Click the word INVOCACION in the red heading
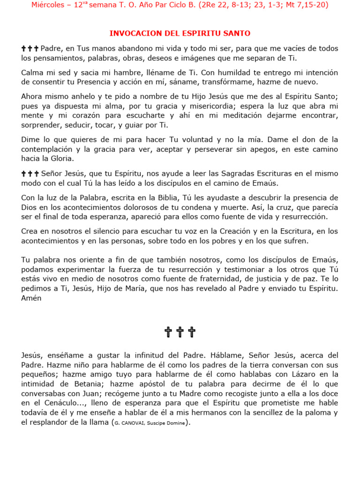click(132, 33)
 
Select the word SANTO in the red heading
click(238, 33)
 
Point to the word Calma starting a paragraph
click(31, 73)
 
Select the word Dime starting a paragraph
click(30, 140)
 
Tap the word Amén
click(31, 298)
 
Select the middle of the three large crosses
click(180, 332)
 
